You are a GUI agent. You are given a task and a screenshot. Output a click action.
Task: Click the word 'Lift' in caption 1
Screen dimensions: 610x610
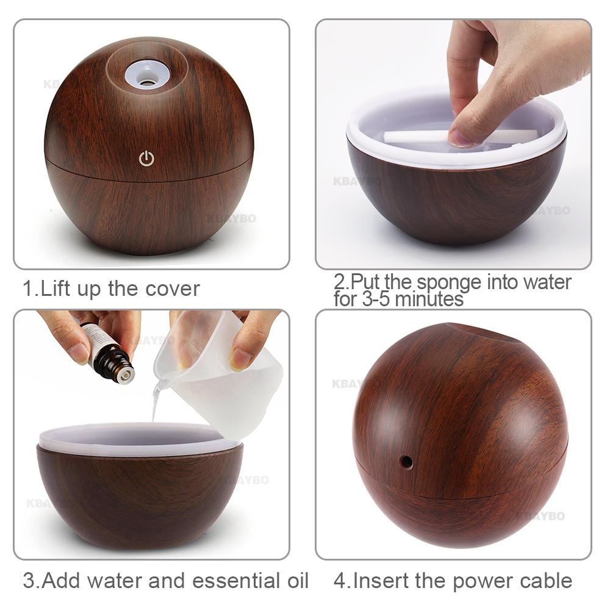56,288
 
